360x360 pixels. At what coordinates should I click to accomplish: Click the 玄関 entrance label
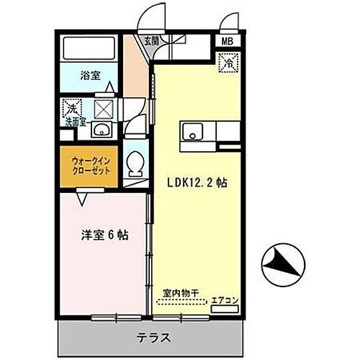[151, 40]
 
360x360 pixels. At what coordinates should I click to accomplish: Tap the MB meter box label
[228, 42]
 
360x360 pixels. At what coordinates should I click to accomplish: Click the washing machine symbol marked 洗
[72, 109]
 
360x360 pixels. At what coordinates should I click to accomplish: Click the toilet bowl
[133, 164]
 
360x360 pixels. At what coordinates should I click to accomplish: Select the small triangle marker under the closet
[84, 192]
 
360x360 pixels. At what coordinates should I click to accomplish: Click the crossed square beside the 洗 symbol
[102, 109]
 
